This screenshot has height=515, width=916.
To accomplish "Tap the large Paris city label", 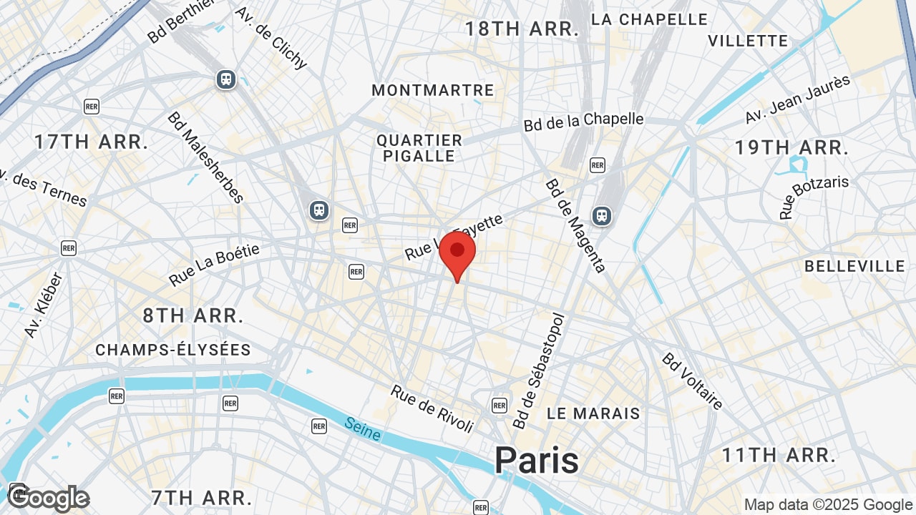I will click(536, 460).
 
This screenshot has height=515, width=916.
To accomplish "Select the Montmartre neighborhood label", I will click(433, 90).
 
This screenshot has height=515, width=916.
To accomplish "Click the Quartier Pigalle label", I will click(419, 148).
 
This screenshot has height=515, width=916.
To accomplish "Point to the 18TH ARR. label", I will click(522, 29).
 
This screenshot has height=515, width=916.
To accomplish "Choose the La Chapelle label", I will click(649, 19).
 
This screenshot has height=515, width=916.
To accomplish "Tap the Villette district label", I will click(748, 41).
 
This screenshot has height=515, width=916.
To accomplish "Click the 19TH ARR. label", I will click(791, 148).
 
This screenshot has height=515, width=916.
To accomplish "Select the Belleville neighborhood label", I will click(854, 266).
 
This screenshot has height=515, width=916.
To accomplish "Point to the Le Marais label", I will click(593, 413).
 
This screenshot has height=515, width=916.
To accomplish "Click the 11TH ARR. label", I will click(779, 455).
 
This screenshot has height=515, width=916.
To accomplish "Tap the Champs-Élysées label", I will click(173, 350).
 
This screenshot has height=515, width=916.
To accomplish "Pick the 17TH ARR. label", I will click(91, 142).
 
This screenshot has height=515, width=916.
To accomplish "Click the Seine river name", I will click(362, 429).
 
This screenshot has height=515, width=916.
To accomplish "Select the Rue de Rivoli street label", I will click(432, 408).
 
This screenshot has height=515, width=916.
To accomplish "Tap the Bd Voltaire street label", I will click(692, 381).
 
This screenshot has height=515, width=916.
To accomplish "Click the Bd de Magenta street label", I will click(575, 225).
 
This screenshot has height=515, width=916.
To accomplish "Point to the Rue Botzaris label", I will click(814, 196).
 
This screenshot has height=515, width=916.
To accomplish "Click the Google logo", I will click(49, 498).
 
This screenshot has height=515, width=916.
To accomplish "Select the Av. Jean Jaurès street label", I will click(797, 99).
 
